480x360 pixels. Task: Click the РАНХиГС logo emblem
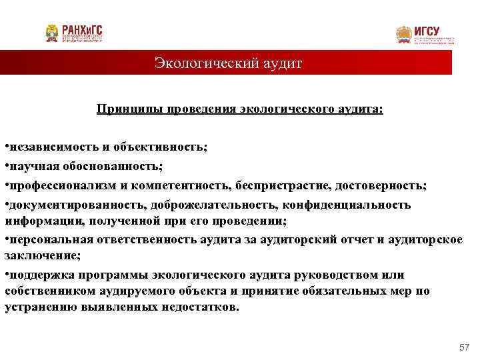click(x=52, y=33)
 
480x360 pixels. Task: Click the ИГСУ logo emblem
click(x=404, y=35)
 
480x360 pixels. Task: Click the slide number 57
click(x=465, y=347)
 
